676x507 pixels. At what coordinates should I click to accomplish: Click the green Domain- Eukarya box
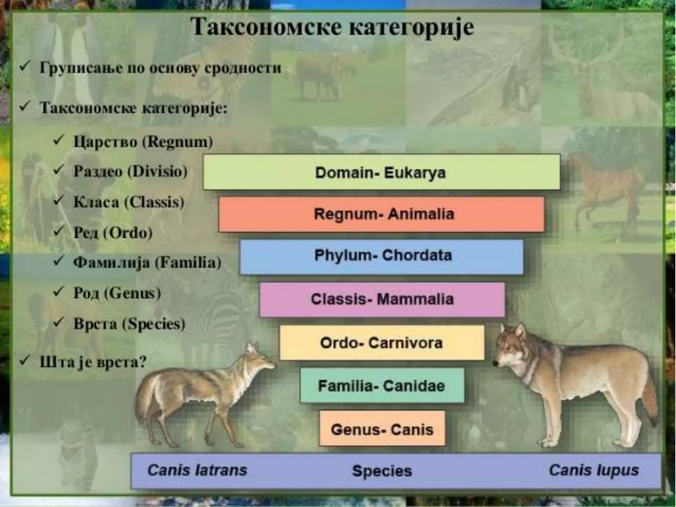pyautogui.click(x=381, y=172)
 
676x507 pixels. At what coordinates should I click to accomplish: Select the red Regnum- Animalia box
pyautogui.click(x=381, y=214)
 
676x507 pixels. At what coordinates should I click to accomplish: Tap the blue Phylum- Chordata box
pyautogui.click(x=381, y=256)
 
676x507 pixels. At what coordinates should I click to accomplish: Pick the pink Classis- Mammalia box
pyautogui.click(x=382, y=299)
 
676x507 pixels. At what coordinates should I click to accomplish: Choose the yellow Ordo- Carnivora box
pyautogui.click(x=382, y=343)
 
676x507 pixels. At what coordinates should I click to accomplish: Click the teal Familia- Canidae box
pyautogui.click(x=382, y=386)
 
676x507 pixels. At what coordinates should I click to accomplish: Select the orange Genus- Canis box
pyautogui.click(x=382, y=429)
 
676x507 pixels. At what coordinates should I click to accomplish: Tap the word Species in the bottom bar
pyautogui.click(x=382, y=471)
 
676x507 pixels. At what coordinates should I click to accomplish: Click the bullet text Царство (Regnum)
pyautogui.click(x=143, y=142)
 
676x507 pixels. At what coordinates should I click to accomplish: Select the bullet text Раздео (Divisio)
pyautogui.click(x=130, y=171)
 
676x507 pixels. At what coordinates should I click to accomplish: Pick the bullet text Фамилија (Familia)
pyautogui.click(x=147, y=263)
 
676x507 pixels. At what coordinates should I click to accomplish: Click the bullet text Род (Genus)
pyautogui.click(x=117, y=293)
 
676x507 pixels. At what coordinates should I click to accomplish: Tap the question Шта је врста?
pyautogui.click(x=93, y=362)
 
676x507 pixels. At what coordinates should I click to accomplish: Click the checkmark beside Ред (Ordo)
pyautogui.click(x=59, y=231)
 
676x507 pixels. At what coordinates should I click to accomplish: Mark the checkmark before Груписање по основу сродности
pyautogui.click(x=25, y=67)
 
